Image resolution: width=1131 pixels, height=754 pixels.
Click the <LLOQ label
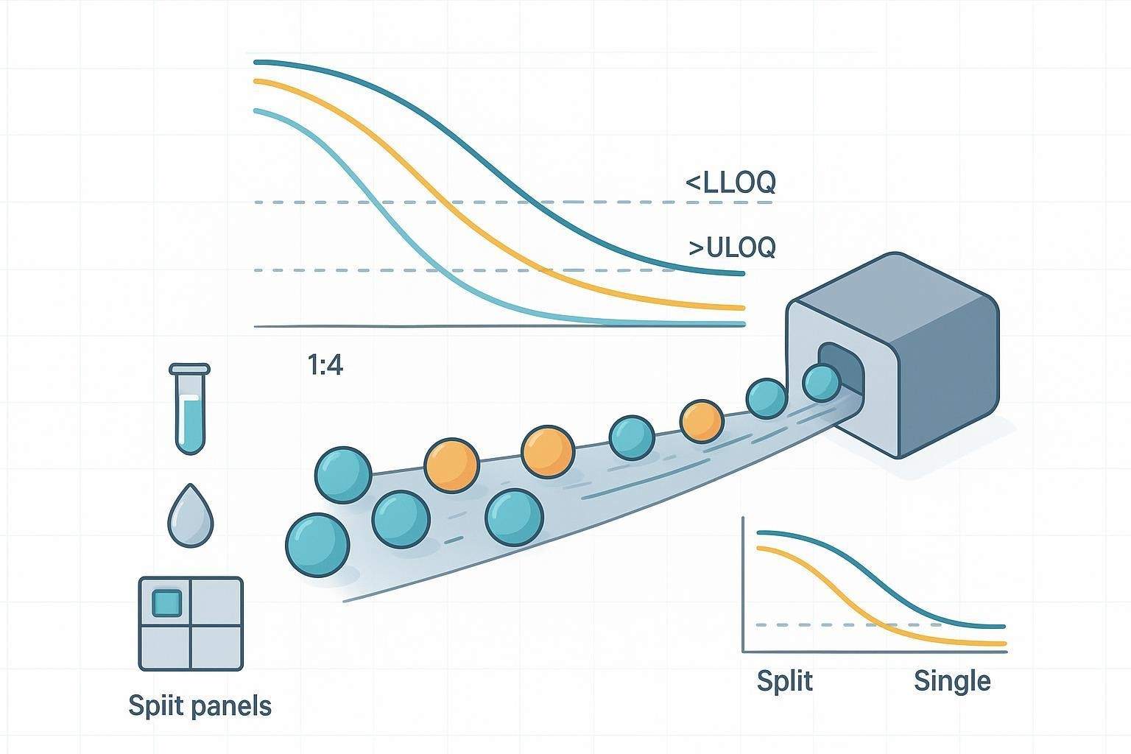pyautogui.click(x=730, y=182)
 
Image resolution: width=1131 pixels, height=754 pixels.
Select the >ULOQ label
pyautogui.click(x=732, y=248)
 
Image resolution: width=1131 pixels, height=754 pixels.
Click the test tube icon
pyautogui.click(x=189, y=409)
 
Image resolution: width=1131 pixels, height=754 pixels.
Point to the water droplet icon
pyautogui.click(x=190, y=517)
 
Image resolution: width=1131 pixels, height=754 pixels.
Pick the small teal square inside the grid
pyautogui.click(x=166, y=602)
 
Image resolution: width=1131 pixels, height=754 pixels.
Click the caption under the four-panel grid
pyautogui.click(x=200, y=705)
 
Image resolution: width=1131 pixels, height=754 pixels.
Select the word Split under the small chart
pyautogui.click(x=784, y=680)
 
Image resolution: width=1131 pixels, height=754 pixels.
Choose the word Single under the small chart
pyautogui.click(x=951, y=680)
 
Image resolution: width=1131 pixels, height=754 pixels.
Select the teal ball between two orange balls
pyautogui.click(x=632, y=437)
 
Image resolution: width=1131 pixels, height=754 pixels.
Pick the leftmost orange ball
pyautogui.click(x=451, y=465)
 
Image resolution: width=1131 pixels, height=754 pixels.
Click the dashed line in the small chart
pyautogui.click(x=810, y=624)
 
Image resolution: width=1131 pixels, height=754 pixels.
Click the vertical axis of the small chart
pyautogui.click(x=744, y=589)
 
